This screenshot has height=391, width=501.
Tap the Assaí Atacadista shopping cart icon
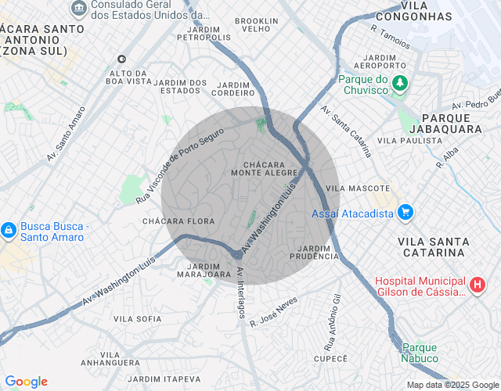click(405, 212)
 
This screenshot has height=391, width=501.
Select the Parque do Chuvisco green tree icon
click(400, 84)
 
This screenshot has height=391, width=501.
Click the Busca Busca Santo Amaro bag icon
click(9, 231)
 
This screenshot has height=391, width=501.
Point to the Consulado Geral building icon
click(79, 9)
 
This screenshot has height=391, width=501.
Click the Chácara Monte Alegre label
click(265, 168)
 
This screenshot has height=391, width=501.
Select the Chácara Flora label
click(178, 221)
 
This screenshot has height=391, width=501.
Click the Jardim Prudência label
click(314, 252)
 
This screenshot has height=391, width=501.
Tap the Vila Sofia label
click(137, 319)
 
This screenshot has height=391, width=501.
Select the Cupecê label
click(330, 358)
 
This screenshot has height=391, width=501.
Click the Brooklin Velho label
click(256, 25)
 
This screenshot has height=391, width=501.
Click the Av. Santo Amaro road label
click(66, 134)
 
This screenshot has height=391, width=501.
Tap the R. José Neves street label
click(273, 311)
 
